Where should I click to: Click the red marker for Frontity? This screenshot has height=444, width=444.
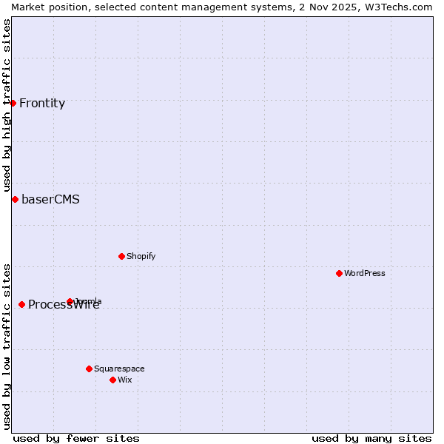point(13,103)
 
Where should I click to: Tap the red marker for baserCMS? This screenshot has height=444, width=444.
point(15,199)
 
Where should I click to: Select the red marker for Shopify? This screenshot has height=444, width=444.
point(121,256)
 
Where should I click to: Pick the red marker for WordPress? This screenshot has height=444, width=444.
point(339,273)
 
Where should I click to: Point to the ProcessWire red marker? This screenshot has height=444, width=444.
point(21,304)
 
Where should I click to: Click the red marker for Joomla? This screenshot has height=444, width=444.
point(70,301)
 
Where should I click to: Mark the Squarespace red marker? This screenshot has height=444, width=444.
point(89,369)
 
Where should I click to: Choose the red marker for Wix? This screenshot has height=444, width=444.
point(112,380)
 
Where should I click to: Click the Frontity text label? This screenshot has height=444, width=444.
point(42,103)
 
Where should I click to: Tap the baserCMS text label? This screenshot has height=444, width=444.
point(50,199)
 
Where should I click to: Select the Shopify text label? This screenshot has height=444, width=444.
point(141,256)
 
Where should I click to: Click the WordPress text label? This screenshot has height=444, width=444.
point(365,273)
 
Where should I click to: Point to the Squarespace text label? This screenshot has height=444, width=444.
point(119,369)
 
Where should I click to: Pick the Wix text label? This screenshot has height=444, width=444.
point(124,380)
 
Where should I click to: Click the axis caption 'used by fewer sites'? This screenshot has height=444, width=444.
point(76,438)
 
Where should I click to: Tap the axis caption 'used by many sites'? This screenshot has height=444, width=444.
point(371,438)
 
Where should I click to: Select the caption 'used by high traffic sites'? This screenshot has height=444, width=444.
point(7,105)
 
